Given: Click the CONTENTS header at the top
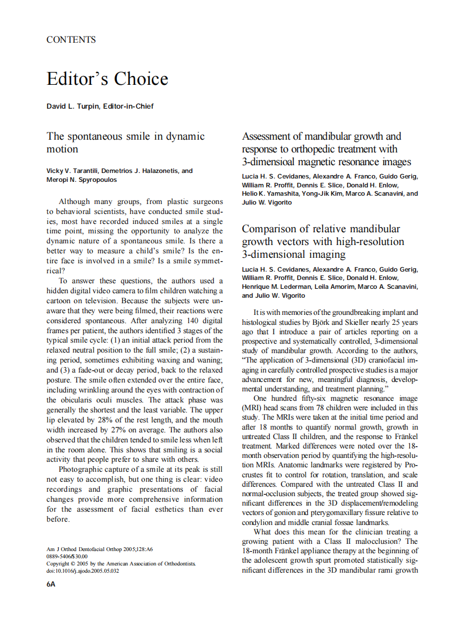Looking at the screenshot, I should pyautogui.click(x=71, y=40).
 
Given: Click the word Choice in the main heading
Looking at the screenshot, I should pyautogui.click(x=141, y=79).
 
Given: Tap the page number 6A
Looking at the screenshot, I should pyautogui.click(x=51, y=584).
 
